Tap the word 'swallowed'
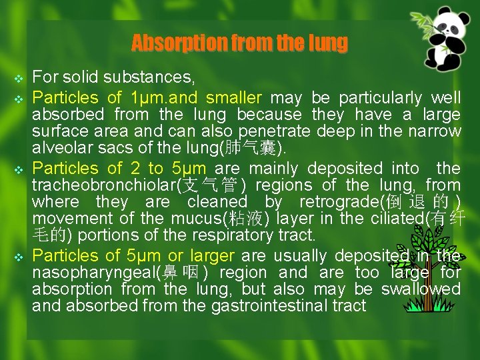[421, 289]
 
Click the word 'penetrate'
[279, 131]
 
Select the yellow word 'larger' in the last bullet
[212, 256]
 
